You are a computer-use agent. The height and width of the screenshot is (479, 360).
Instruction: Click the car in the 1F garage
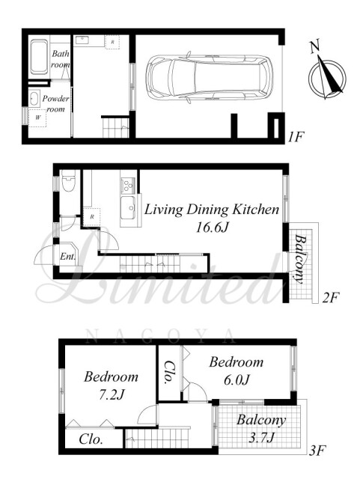pos(210,77)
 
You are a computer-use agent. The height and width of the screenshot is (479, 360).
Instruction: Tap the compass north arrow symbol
pos(327,78)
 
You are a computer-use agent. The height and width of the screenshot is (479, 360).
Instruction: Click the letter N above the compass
pos(315,46)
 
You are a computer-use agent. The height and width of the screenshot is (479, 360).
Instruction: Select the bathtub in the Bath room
pos(39,57)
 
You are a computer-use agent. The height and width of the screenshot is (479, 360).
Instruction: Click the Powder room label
pos(55,103)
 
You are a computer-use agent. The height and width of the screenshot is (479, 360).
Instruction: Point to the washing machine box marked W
pos(37,118)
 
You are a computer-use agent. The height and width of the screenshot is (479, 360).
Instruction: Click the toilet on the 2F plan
pos(68,180)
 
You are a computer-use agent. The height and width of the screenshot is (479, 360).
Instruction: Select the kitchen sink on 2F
pos(128,208)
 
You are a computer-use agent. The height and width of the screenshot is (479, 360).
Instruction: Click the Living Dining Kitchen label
pos(212,210)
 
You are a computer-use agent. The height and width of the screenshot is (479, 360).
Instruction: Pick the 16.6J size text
pos(212,228)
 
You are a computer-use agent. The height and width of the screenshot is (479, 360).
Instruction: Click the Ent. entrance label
pos(67,256)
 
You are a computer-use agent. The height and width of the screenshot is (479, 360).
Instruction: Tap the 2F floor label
pos(331,297)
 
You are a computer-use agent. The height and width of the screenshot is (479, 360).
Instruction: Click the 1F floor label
pos(295,137)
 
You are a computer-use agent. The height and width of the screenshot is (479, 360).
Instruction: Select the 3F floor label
pos(317,451)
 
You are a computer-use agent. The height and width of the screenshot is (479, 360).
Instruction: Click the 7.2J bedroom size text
pos(111,395)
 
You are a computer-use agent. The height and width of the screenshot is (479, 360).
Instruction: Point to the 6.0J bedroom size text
pos(237,379)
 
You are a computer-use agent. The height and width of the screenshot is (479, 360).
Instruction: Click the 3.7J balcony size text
pos(260,438)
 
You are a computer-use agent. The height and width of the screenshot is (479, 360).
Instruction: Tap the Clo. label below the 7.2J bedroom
pos(91,439)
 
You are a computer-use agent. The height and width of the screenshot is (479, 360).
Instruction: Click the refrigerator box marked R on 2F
pos(92,217)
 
